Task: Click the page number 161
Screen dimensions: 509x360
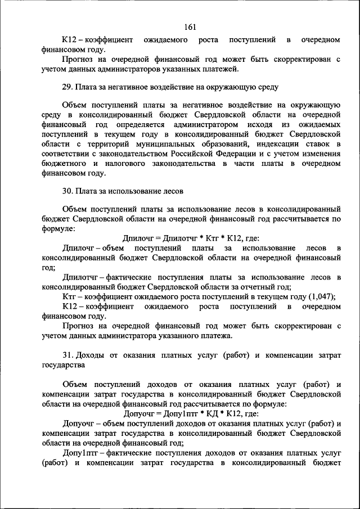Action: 190,26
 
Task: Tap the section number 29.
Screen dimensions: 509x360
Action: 67,87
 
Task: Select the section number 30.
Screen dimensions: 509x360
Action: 67,191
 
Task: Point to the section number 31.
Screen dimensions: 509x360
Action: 67,355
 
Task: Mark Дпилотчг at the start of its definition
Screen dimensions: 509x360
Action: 81,277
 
